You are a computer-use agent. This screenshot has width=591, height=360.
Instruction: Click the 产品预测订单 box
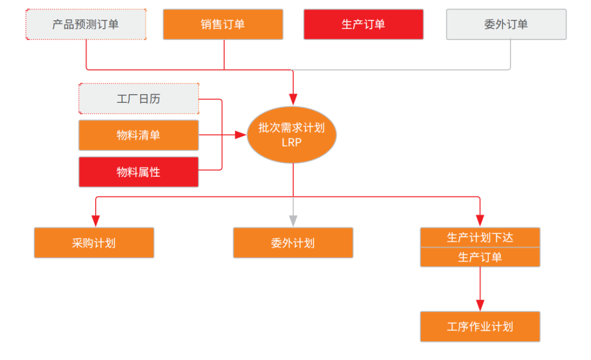click(86, 24)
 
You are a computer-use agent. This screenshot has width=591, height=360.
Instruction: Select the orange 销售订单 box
click(223, 24)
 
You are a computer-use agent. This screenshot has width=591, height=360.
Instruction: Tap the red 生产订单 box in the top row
click(363, 24)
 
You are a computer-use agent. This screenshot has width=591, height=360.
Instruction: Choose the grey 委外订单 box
click(506, 24)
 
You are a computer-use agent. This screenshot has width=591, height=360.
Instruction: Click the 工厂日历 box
click(138, 99)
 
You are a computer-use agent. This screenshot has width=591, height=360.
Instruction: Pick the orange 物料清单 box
click(138, 135)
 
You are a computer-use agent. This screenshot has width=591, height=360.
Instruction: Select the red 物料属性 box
click(138, 172)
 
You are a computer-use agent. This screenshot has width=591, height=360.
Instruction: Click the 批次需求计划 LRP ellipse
click(292, 135)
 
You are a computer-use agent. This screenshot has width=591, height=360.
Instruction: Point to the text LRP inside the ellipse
click(292, 143)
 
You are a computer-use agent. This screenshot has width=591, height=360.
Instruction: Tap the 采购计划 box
click(94, 243)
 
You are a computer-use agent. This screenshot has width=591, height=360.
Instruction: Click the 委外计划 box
click(293, 243)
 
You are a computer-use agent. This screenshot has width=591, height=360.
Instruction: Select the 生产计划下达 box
click(480, 237)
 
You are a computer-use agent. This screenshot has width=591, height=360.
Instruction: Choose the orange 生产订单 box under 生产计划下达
click(480, 257)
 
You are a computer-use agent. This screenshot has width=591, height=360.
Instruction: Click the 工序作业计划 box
click(480, 327)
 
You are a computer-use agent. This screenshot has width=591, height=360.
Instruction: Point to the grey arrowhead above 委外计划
click(293, 220)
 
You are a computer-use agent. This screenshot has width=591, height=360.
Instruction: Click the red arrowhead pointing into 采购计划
click(96, 220)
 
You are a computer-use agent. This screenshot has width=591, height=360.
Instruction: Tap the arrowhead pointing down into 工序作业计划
click(480, 305)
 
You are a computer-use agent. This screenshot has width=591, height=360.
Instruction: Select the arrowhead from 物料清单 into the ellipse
click(241, 135)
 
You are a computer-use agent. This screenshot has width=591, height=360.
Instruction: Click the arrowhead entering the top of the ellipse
click(293, 99)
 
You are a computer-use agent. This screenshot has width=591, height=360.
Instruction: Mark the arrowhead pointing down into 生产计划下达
click(480, 220)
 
